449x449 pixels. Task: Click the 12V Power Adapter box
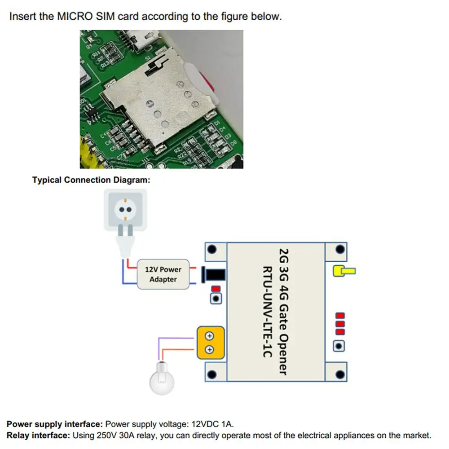click(x=163, y=274)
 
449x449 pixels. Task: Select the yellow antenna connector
click(x=343, y=271)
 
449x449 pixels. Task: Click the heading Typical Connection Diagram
click(x=91, y=180)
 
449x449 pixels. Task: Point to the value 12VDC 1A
click(x=212, y=424)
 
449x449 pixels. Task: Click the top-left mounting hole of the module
click(x=214, y=250)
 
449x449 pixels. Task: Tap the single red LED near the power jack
click(x=216, y=289)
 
